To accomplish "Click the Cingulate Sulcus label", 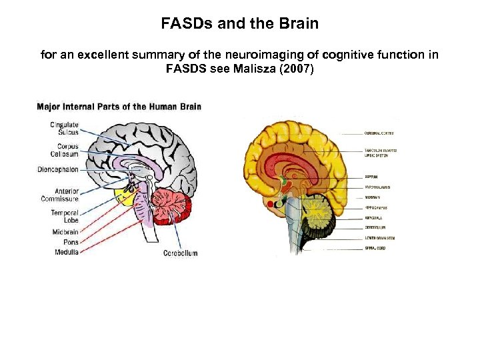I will click(65, 128).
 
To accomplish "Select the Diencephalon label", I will click(58, 170).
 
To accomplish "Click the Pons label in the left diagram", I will click(70, 242).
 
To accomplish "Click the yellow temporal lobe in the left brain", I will click(125, 195).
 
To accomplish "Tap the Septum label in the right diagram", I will click(371, 177).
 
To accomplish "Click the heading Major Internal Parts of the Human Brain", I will click(119, 107).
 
